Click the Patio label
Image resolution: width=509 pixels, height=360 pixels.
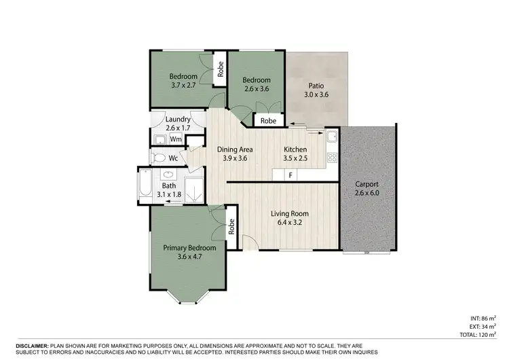click(316, 86)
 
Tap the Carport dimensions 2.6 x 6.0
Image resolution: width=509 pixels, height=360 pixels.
click(366, 194)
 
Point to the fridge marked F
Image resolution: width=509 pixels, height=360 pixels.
click(290, 175)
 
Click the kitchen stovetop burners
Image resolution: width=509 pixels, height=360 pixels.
click(332, 157)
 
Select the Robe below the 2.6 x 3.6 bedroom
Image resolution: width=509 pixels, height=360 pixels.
click(269, 121)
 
